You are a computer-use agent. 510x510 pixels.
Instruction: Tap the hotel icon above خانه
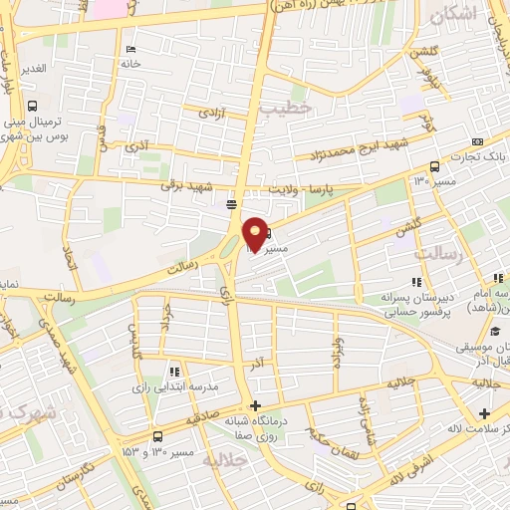[x=131, y=49]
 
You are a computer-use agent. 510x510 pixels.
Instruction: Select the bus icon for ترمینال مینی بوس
[x=33, y=106]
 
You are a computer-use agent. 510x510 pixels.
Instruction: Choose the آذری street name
[x=135, y=145]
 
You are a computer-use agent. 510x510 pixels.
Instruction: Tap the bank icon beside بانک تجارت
[x=477, y=141]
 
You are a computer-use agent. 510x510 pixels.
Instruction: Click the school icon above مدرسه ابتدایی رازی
[x=175, y=370]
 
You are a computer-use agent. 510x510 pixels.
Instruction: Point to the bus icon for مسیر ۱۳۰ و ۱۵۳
[x=156, y=437]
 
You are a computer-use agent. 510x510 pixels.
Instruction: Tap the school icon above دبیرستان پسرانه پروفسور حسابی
[x=415, y=282]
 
